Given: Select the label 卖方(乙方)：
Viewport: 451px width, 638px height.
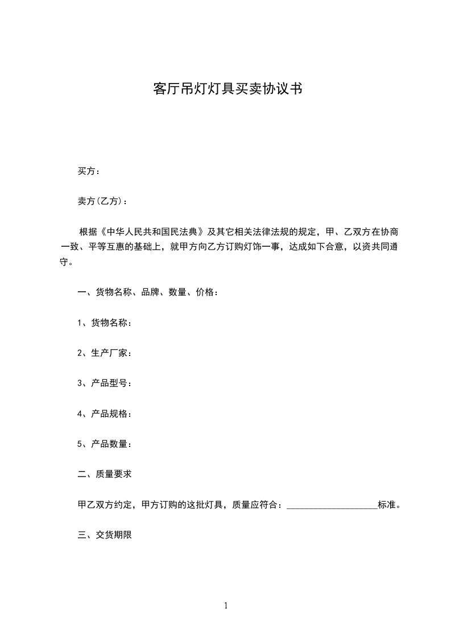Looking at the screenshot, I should tap(102, 201).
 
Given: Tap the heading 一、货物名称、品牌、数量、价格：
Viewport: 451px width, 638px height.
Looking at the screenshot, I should tap(147, 292).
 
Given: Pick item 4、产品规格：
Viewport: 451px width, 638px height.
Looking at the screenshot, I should tap(105, 413).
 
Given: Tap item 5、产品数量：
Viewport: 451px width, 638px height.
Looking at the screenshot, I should tap(105, 444).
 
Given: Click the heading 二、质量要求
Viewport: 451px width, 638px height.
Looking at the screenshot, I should tap(105, 474).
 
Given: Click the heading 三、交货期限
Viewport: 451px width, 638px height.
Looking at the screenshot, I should tap(105, 535).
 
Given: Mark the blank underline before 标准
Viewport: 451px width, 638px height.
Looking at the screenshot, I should tap(332, 505).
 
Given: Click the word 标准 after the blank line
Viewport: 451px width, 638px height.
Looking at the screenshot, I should tap(386, 504).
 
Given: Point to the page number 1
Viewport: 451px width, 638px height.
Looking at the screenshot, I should tap(226, 606).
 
